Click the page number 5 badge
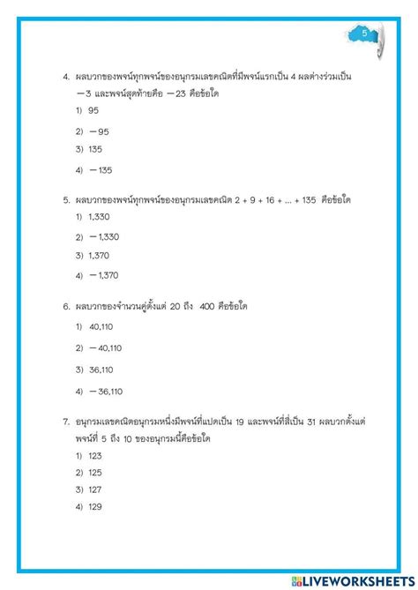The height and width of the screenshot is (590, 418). pos(365,34)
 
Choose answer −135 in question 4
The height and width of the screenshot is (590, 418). pos(100,170)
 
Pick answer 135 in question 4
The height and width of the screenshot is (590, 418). pos(96,149)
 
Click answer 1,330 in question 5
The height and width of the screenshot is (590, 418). pos(100,217)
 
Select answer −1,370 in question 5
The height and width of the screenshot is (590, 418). pos(104,276)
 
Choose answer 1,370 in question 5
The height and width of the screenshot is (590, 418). pos(100,256)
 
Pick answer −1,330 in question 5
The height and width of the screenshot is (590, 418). pos(104,236)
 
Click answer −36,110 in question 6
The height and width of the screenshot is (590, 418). pos(106,392)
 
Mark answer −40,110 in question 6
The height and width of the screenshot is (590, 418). pos(106,348)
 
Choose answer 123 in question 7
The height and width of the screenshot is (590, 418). pos(95,456)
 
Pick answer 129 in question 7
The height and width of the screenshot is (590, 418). pos(95,506)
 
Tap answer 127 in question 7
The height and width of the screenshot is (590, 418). pos(95,489)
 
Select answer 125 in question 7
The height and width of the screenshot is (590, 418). pos(95,473)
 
